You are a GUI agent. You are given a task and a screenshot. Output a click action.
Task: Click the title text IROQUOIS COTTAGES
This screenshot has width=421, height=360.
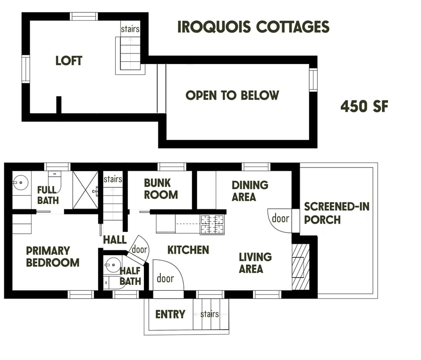253,27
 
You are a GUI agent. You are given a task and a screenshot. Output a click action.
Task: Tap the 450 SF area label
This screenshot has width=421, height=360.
364,106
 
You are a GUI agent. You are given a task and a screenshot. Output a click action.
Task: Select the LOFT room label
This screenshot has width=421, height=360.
69,61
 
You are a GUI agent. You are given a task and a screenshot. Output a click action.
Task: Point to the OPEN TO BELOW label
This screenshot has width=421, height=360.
232,95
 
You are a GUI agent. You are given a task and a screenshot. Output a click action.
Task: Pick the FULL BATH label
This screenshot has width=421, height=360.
47,195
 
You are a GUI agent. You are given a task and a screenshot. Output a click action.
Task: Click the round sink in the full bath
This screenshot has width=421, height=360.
20,181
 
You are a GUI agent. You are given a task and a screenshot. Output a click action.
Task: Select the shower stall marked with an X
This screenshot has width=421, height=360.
85,189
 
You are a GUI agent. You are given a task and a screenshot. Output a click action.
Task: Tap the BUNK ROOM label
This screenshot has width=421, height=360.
161,189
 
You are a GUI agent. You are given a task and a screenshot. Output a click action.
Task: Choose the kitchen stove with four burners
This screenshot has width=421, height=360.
212,225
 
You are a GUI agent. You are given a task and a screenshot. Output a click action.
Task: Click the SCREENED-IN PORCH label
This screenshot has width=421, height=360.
336,213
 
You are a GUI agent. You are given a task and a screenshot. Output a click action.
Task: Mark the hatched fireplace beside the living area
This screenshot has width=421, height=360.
301,267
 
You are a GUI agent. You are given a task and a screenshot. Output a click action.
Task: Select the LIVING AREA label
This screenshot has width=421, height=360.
255,262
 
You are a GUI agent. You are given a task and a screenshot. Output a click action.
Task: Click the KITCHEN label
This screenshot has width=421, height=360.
188,250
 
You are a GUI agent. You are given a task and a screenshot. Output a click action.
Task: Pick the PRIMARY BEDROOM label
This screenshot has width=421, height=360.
53,257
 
